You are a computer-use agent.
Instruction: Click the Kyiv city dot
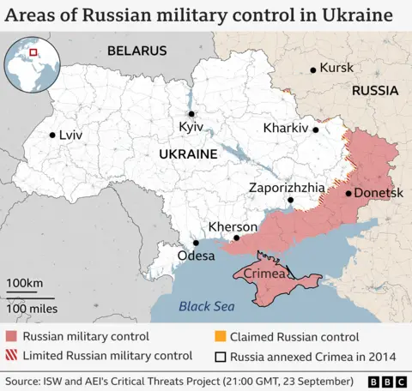(x=192, y=114)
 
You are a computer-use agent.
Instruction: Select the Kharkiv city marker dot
(x=316, y=130)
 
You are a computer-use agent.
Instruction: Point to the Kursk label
(x=336, y=68)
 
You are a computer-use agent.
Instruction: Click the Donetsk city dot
(x=348, y=193)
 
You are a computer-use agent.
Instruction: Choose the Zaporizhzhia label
(x=287, y=187)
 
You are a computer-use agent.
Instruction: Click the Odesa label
(x=196, y=256)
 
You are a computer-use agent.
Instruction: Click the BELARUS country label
(x=136, y=51)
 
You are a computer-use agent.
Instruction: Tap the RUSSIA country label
(x=374, y=90)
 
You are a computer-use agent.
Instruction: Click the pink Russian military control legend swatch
(x=12, y=337)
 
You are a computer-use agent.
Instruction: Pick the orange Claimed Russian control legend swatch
(x=221, y=337)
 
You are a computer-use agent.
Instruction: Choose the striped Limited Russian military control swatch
(x=12, y=355)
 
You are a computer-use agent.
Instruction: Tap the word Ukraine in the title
(x=358, y=15)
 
